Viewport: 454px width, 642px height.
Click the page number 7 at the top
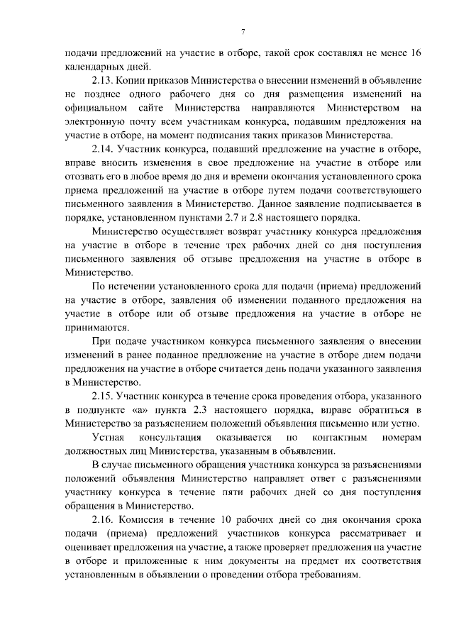pos(243,33)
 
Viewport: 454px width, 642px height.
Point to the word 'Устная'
pos(111,438)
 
